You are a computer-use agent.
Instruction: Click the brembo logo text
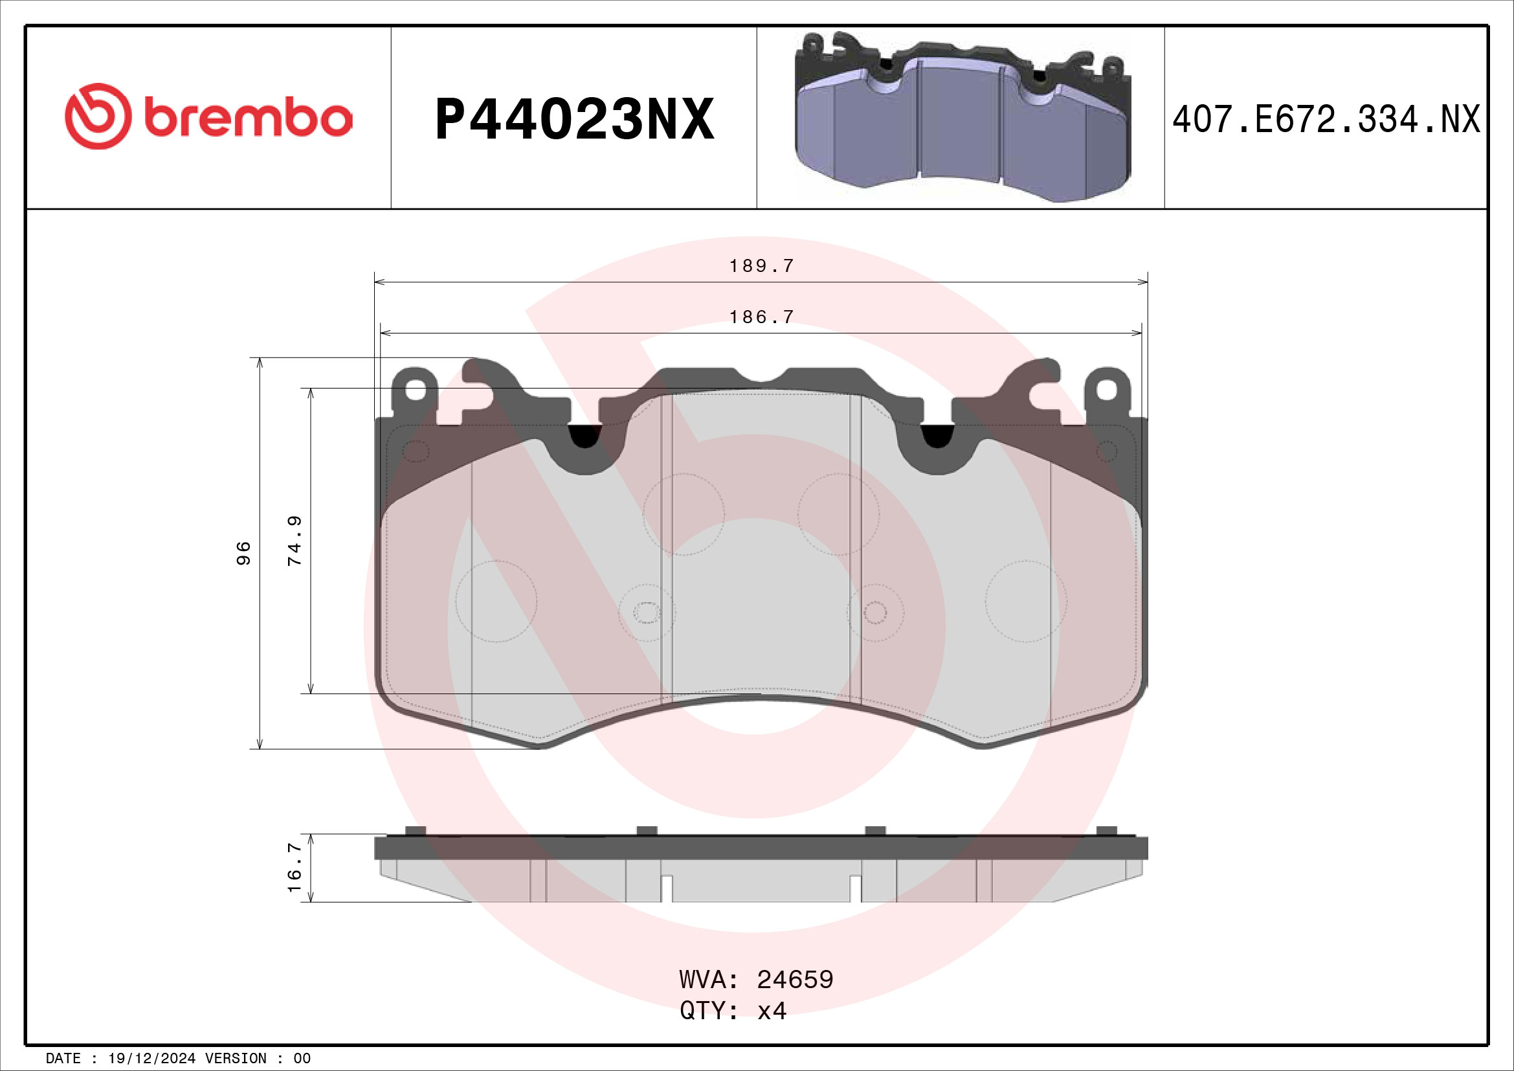pos(248,118)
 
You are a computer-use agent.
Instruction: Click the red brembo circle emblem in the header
pos(98,116)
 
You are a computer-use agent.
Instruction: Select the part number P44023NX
pos(574,119)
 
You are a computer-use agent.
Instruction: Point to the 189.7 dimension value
pos(761,265)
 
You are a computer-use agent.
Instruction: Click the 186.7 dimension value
pos(761,317)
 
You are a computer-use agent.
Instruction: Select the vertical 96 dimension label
pos(243,552)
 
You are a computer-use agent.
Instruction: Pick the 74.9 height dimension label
pos(295,541)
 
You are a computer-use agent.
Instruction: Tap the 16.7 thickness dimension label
pos(295,867)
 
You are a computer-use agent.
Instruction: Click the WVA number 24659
pos(795,979)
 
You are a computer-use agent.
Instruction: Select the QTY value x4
pos(772,1010)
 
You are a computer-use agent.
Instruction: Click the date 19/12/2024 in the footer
pos(151,1059)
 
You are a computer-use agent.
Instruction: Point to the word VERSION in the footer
pos(236,1059)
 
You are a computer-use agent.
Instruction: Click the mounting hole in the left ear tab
pos(415,390)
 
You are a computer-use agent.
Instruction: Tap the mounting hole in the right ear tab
pos(1106,390)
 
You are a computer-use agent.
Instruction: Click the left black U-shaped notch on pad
pos(585,436)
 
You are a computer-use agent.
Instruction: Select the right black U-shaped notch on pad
pos(937,436)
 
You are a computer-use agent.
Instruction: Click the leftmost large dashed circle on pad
pos(496,602)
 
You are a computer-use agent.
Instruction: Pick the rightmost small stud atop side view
pos(1106,830)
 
